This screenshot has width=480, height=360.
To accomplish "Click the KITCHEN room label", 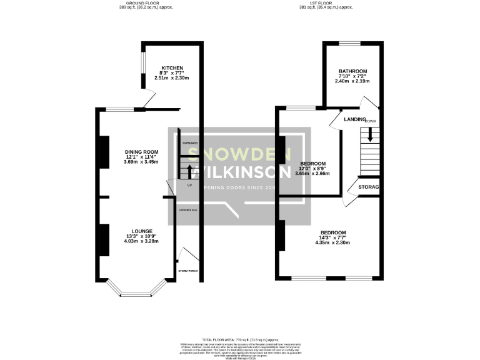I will (171, 67).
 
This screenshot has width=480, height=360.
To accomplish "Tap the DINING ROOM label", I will (141, 152).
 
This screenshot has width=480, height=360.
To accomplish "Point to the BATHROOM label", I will (352, 71).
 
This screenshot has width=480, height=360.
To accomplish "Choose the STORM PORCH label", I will (188, 271).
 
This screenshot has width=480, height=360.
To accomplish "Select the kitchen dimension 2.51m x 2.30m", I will (171, 77).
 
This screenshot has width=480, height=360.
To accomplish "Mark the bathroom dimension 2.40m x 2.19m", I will (352, 81).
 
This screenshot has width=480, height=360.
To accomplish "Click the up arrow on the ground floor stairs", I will (190, 170).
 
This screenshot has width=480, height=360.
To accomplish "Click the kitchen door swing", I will (149, 100).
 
